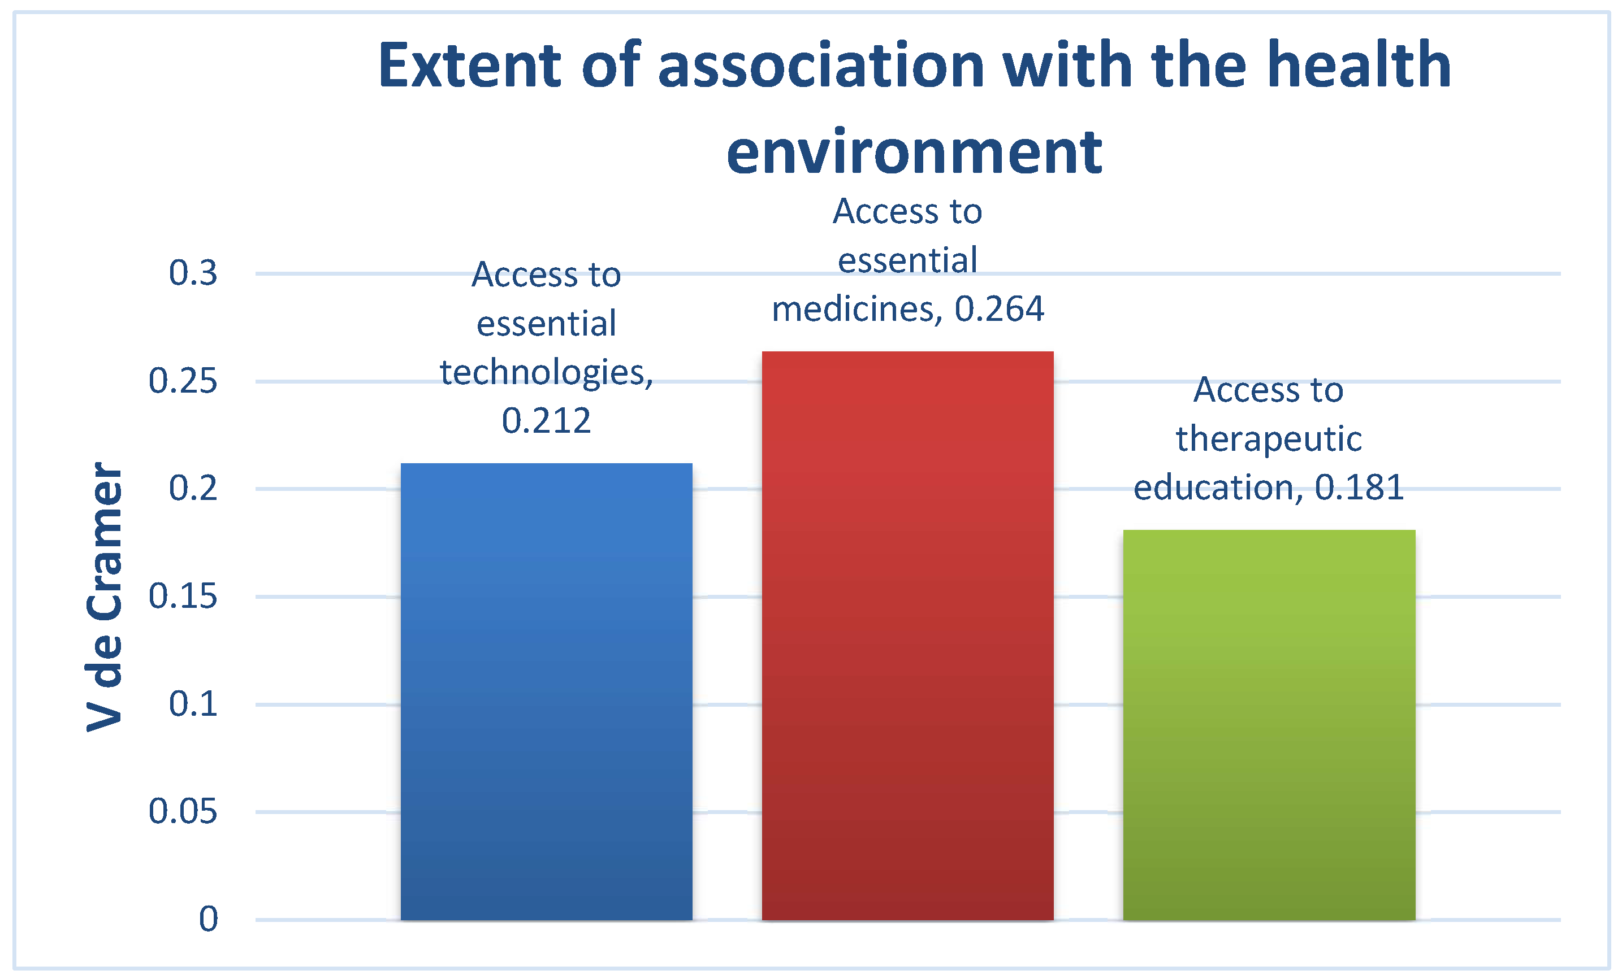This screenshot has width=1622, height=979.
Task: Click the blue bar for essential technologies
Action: (546, 691)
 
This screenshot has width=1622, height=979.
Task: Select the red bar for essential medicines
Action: (908, 636)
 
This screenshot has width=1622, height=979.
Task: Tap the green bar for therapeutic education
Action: (1269, 725)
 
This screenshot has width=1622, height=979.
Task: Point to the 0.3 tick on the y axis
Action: (193, 273)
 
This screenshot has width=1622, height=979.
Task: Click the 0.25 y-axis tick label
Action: (183, 381)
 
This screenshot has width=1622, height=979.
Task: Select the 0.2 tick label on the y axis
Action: (193, 488)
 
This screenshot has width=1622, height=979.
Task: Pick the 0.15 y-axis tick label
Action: (183, 596)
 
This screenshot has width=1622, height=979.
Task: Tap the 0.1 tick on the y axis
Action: (193, 704)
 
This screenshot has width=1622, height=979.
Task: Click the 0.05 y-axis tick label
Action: (183, 811)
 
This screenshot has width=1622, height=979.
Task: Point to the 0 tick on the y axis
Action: (209, 919)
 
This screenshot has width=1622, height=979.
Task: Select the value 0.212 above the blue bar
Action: (546, 421)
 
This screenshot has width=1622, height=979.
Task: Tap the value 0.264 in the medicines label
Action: (1000, 309)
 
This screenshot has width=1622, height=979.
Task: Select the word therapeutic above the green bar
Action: (1269, 440)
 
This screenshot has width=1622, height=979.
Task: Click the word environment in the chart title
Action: (914, 153)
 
